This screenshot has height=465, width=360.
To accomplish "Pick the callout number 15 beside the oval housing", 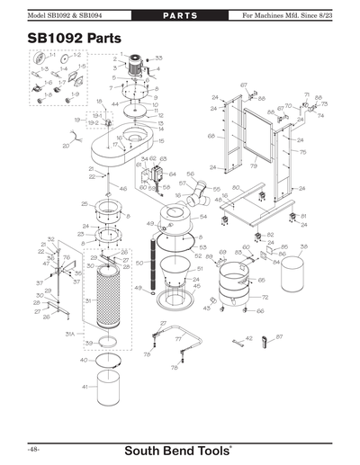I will [x=161, y=140].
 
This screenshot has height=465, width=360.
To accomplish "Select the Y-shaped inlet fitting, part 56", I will [x=198, y=196].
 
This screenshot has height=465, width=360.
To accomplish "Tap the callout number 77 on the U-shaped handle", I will [x=177, y=339].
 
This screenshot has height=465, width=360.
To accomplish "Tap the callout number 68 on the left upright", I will [x=211, y=136].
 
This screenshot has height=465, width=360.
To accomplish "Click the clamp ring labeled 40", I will [x=111, y=360].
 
